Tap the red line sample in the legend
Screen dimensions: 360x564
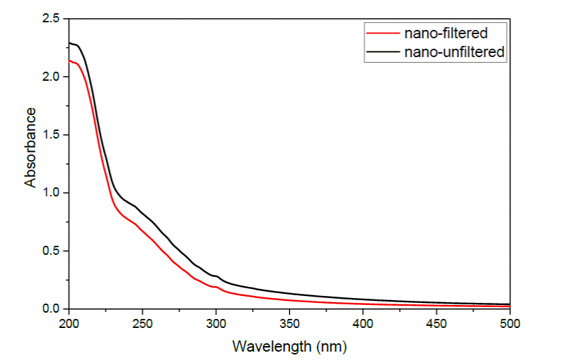point(378,33)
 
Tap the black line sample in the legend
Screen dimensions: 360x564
point(378,52)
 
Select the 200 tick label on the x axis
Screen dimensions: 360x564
point(69,323)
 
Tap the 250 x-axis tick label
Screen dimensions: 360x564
point(143,323)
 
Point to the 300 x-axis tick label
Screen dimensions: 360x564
point(216,323)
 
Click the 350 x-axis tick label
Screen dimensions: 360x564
point(290,323)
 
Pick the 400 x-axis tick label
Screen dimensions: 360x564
point(363,323)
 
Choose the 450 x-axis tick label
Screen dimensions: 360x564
point(437,323)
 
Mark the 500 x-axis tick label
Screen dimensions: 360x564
point(510,323)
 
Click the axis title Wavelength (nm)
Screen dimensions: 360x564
point(289,345)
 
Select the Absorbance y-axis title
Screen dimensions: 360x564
point(31,147)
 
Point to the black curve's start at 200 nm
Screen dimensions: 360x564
point(70,43)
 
